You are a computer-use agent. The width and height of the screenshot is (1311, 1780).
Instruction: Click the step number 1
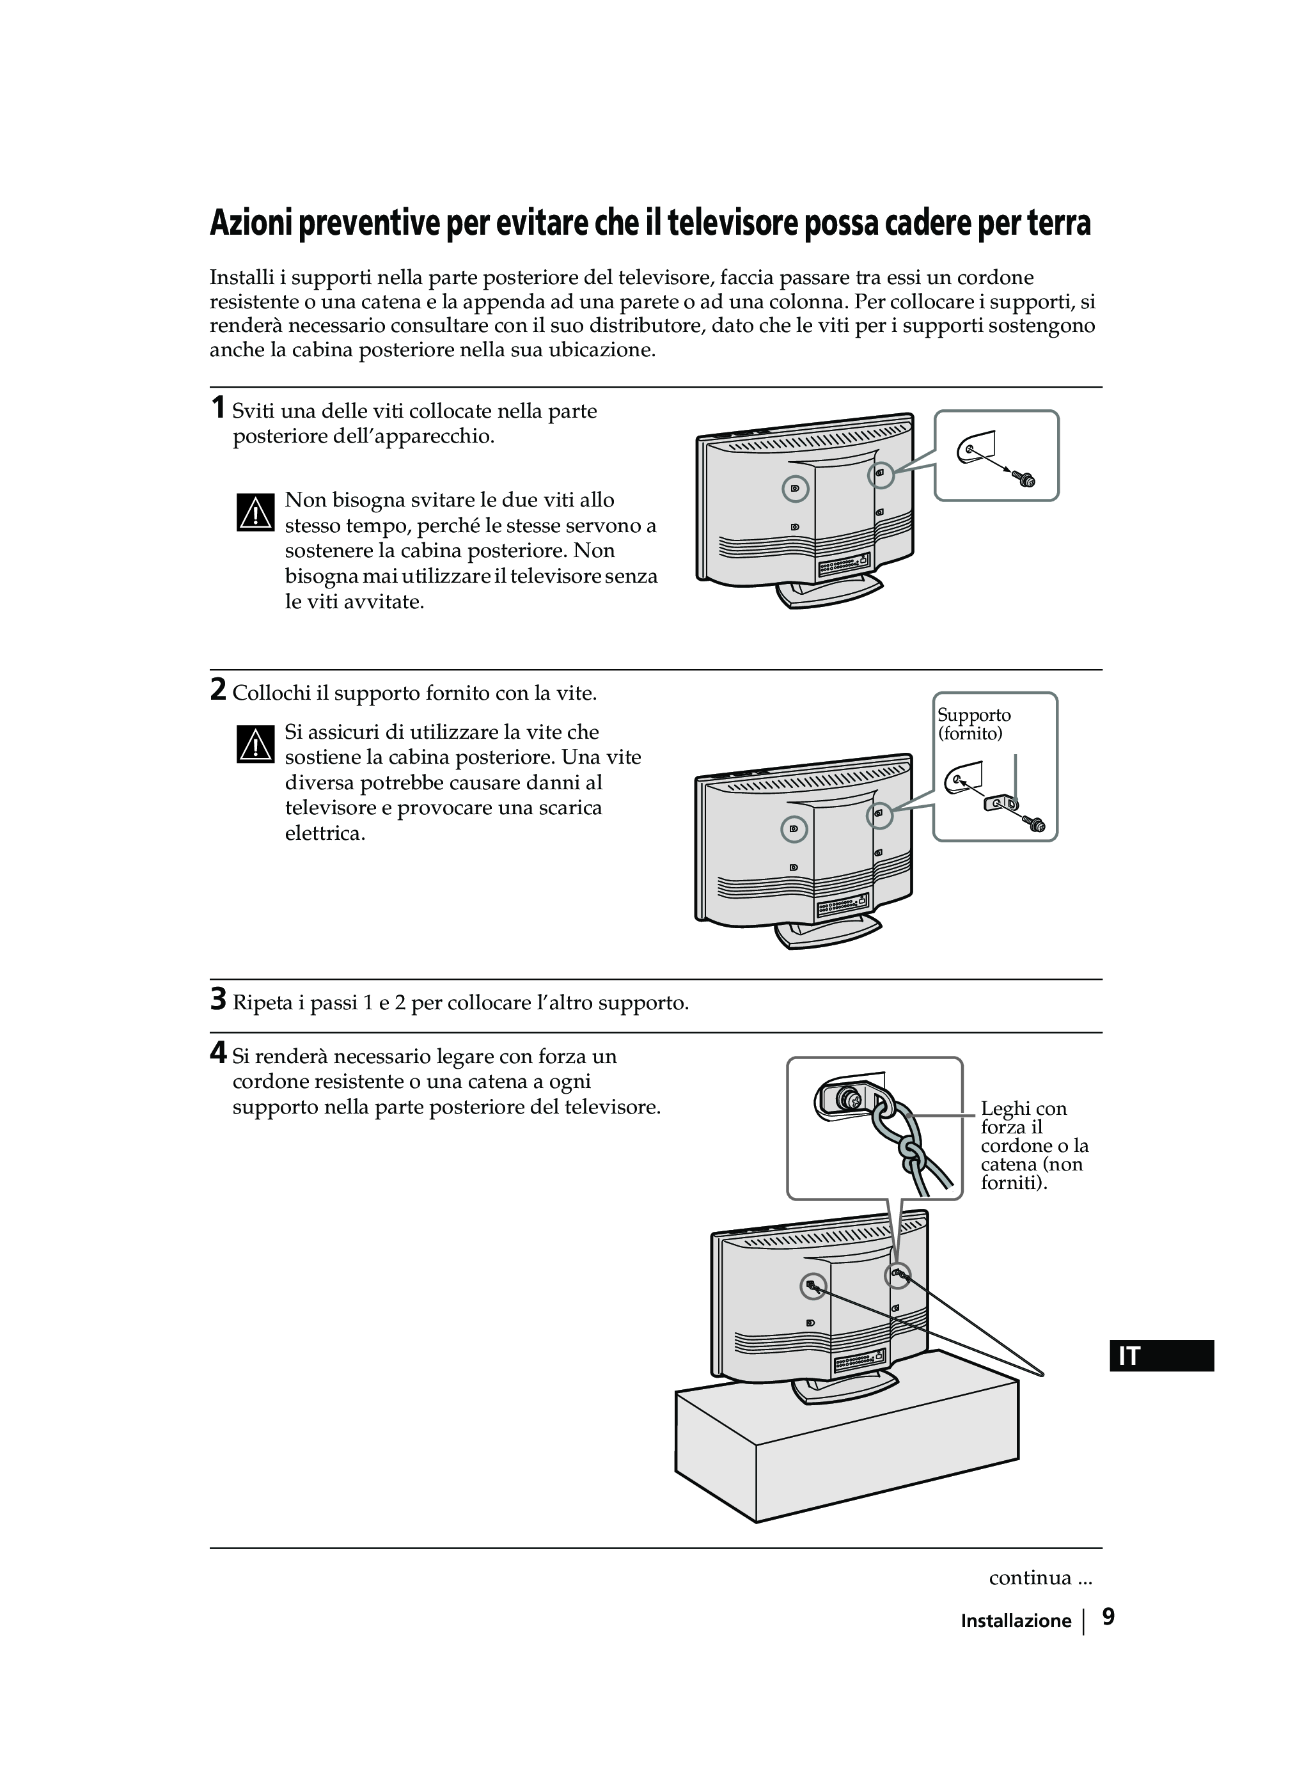point(217,408)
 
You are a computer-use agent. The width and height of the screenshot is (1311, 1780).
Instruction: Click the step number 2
point(217,689)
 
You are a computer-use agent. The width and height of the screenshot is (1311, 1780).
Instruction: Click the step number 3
point(217,999)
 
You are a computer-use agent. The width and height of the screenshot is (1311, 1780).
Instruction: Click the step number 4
point(217,1053)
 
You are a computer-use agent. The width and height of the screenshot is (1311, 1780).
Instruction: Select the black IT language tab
point(1161,1356)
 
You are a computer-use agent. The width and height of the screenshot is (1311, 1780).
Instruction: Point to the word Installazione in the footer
point(1016,1621)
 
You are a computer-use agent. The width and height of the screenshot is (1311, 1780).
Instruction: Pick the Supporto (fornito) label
point(974,724)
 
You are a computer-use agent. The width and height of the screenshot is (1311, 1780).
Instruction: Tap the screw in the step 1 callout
point(1025,478)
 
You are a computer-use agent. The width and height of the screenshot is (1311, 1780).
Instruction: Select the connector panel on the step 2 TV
point(843,902)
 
